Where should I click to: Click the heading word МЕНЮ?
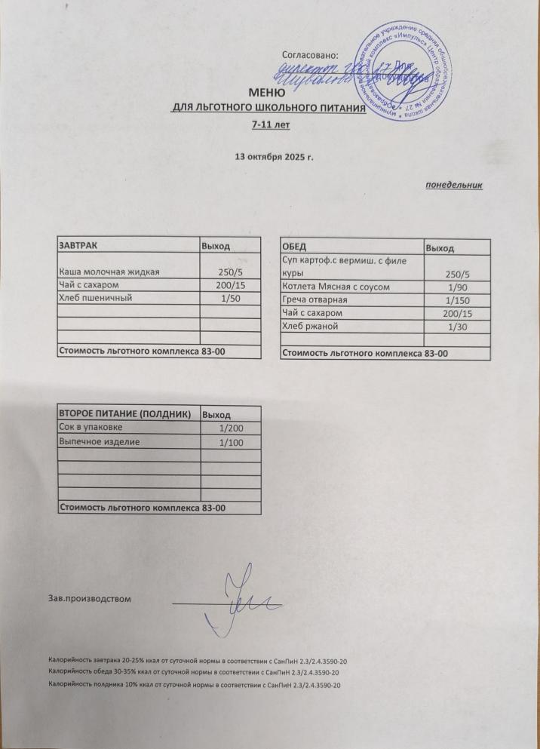269,94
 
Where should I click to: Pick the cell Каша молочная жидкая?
109,271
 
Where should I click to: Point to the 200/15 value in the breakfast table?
229,285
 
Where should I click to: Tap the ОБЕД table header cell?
293,247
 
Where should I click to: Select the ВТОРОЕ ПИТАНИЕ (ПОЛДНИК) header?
125,414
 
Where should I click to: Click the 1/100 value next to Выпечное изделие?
229,442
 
